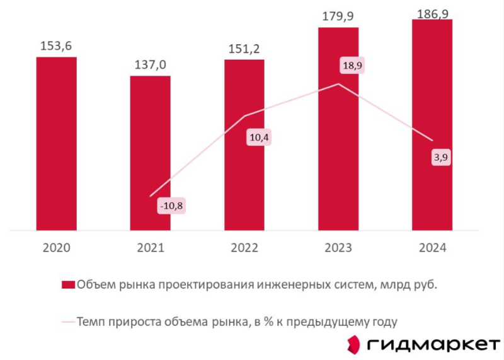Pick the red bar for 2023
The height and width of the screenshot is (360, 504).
tap(338, 129)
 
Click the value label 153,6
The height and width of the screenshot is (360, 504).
tap(56, 46)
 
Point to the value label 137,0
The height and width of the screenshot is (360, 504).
tap(150, 65)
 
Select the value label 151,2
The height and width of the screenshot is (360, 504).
tap(244, 49)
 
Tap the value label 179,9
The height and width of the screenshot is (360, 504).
tap(338, 16)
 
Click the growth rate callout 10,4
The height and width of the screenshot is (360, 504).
tap(259, 136)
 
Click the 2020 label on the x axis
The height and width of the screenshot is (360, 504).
tap(56, 248)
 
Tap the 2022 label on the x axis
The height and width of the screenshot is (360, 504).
tap(244, 248)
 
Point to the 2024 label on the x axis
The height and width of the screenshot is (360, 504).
tap(432, 248)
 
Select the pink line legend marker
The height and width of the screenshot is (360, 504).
tap(67, 322)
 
